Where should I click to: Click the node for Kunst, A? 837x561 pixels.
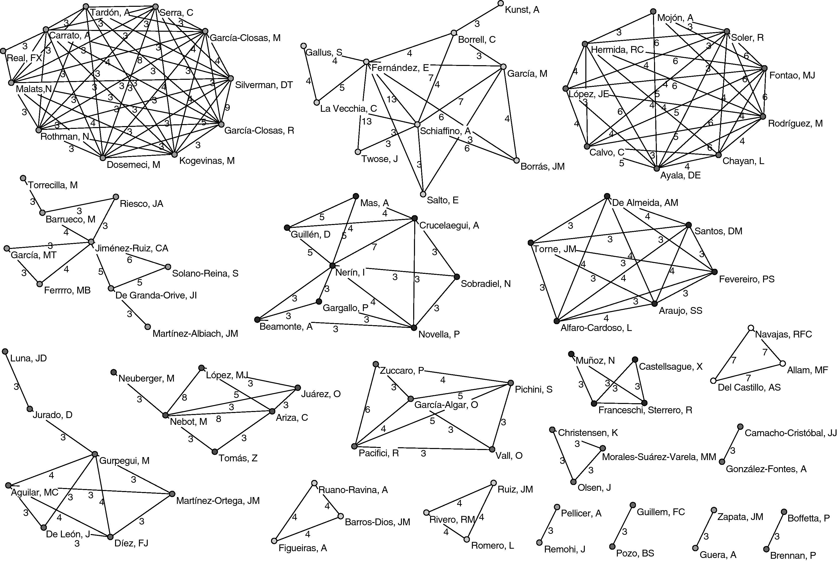[x=500, y=4]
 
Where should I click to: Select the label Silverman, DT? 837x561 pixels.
[x=264, y=85]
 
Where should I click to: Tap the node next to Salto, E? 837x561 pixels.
[x=423, y=194]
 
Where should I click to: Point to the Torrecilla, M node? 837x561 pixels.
[x=23, y=178]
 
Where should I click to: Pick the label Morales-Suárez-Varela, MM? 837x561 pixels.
[x=659, y=457]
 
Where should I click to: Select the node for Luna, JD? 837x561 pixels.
[x=5, y=352]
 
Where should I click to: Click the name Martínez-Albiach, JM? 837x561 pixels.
[x=195, y=333]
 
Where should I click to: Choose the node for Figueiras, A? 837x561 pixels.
[x=274, y=541]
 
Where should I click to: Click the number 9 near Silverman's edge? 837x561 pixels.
[x=227, y=107]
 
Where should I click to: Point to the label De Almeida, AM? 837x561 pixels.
[x=645, y=203]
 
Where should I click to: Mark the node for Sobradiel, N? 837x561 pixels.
[x=457, y=277]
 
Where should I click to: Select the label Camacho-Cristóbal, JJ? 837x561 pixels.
[x=790, y=433]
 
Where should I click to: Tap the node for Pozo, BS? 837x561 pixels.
[x=612, y=547]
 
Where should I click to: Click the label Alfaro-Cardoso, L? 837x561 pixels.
[x=596, y=328]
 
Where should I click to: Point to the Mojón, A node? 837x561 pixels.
[x=653, y=11]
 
